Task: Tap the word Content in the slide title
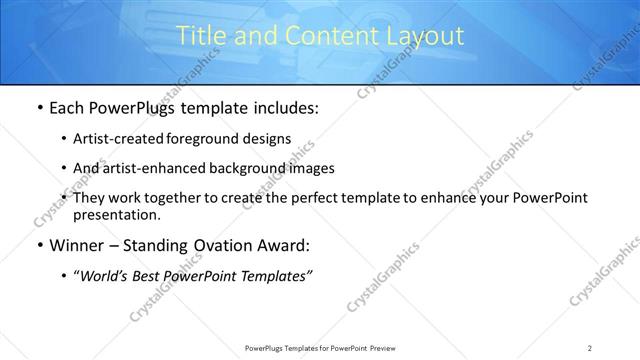pyautogui.click(x=318, y=36)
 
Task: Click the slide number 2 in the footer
pyautogui.click(x=590, y=347)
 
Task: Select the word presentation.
pyautogui.click(x=116, y=214)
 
